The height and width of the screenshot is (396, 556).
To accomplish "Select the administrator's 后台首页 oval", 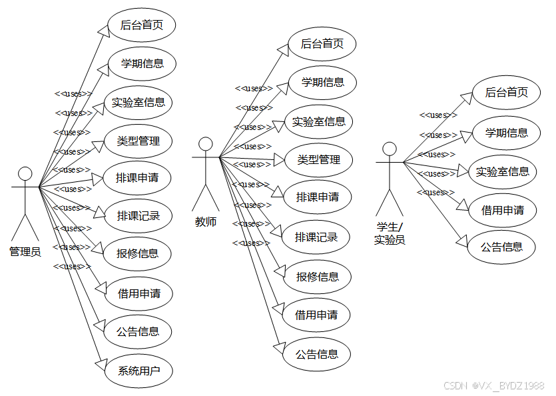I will click(140, 26).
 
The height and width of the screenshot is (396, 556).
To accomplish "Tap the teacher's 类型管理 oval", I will click(318, 159).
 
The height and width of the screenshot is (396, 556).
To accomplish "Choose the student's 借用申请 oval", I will click(503, 210).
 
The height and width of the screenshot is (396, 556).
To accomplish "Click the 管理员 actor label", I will click(25, 252).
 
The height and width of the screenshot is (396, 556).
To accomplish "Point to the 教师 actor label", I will click(206, 222).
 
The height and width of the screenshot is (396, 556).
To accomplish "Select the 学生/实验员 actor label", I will click(390, 234).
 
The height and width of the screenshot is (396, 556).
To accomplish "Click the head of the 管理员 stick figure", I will click(25, 174).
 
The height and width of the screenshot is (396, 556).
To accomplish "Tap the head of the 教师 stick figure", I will click(206, 144).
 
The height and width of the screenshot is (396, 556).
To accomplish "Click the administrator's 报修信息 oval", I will click(138, 253).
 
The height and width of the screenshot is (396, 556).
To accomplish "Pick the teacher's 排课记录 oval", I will click(317, 237).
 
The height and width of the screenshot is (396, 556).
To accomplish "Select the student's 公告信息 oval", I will click(503, 247).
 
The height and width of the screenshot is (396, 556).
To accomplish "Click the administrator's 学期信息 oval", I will click(140, 64).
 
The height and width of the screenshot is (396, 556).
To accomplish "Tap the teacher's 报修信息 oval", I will click(318, 276).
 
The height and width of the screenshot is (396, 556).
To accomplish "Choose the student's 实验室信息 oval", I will click(503, 172).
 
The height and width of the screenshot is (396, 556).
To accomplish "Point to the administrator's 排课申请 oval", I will click(138, 178).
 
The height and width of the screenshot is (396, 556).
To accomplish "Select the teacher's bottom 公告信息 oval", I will click(317, 354).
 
